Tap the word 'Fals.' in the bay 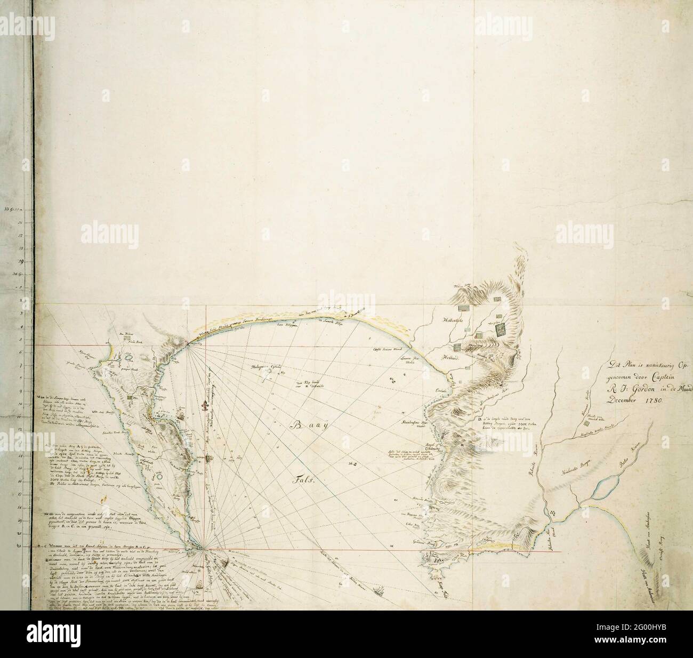[x=304, y=480]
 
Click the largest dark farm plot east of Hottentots [x=501, y=331]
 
